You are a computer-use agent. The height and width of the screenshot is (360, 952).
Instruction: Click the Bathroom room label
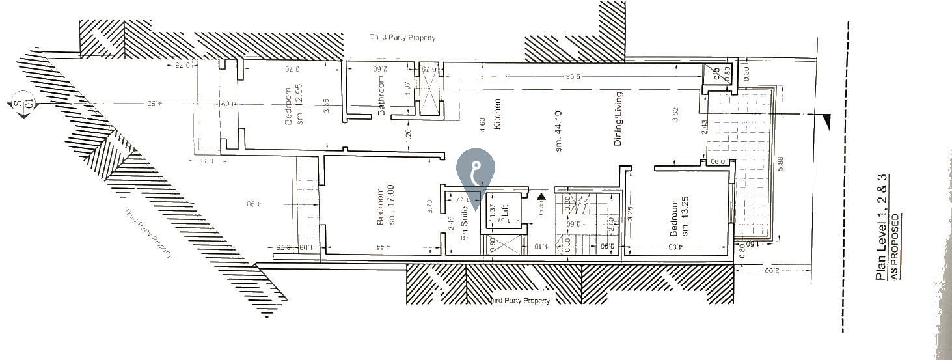tap(381, 96)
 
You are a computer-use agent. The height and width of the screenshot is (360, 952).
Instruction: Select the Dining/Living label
tap(619, 118)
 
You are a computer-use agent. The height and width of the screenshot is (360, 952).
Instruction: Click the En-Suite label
tap(465, 224)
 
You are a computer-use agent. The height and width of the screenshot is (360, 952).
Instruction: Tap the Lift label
tap(504, 212)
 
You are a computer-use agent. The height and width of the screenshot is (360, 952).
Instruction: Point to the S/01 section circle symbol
tap(23, 104)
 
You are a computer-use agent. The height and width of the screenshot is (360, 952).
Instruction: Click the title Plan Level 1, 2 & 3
tap(882, 228)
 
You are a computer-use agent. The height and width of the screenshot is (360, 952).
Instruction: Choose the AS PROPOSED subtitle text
tap(895, 246)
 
